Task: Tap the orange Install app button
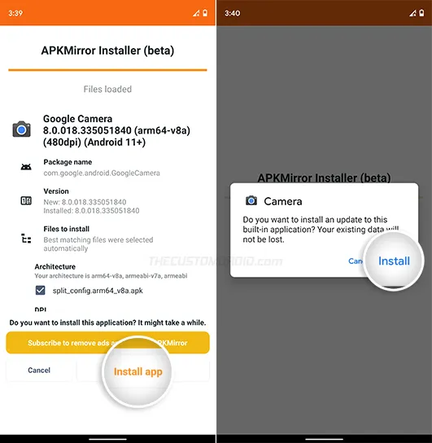tap(137, 371)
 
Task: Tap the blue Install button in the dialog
tap(394, 261)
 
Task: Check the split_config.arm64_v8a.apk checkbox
tap(40, 290)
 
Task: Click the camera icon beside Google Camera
tap(21, 129)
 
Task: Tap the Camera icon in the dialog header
tap(251, 200)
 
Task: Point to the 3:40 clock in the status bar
tap(232, 13)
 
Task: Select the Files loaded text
tap(107, 89)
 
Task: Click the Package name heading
tap(68, 162)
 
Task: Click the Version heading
tap(57, 191)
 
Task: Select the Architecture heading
tap(55, 266)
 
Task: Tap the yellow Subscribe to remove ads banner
tap(107, 343)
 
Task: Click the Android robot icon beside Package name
tap(26, 167)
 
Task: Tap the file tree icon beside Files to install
tap(26, 238)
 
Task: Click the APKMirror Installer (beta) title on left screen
tap(107, 50)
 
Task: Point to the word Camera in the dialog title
tap(282, 201)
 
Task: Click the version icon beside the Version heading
tap(26, 201)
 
